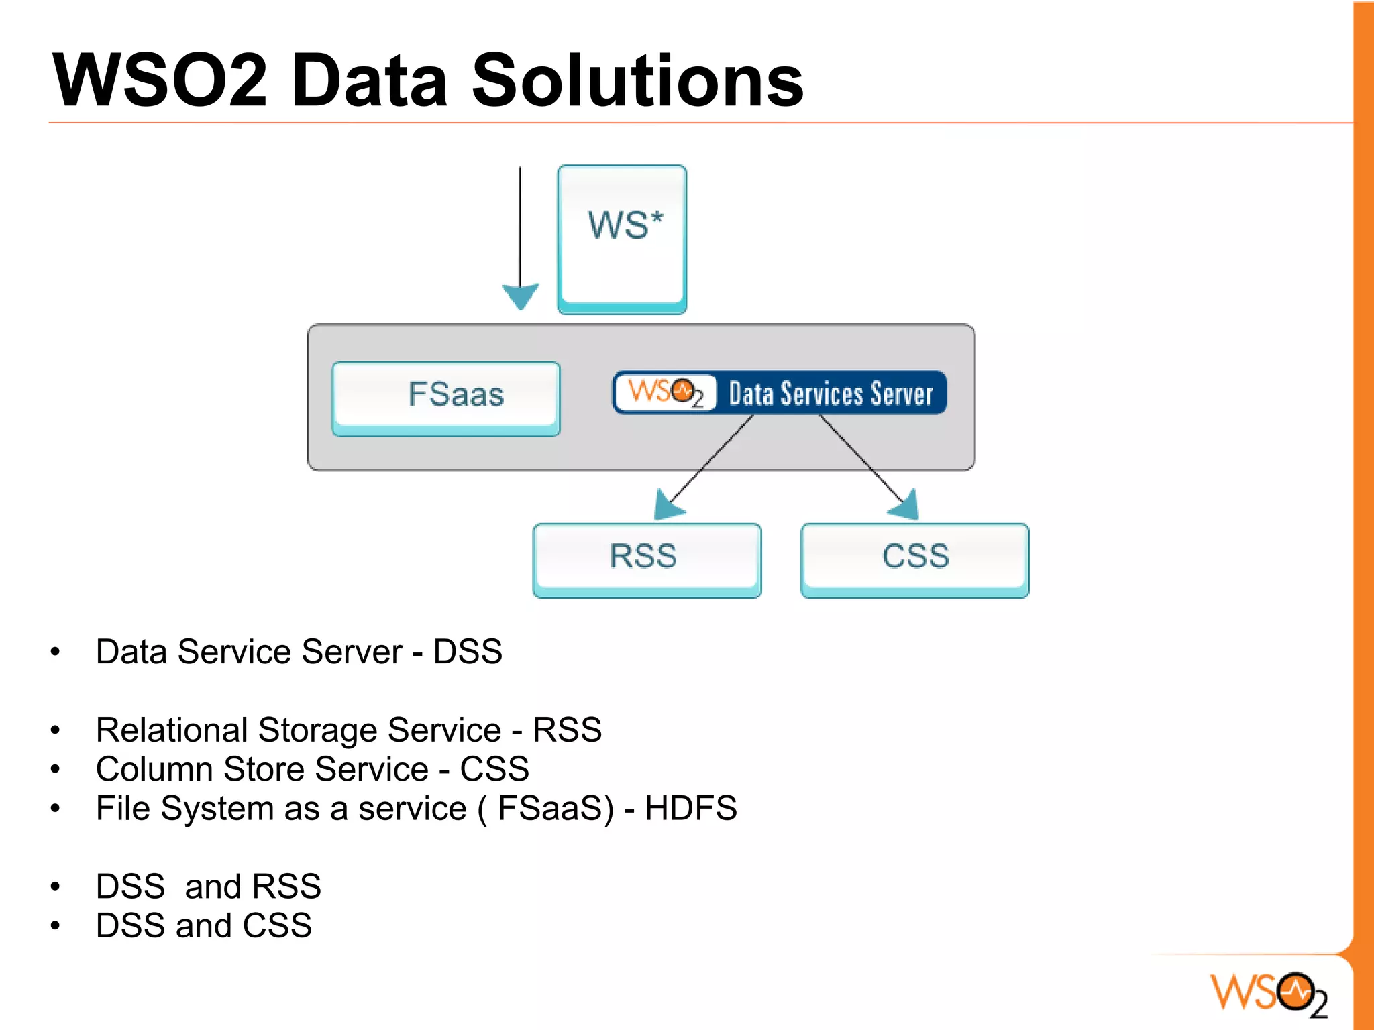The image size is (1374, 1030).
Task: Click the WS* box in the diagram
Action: click(x=622, y=239)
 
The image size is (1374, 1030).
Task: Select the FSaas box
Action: click(x=446, y=398)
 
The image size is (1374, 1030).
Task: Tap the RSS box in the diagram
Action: click(x=647, y=560)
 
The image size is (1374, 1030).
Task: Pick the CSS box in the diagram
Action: click(x=914, y=560)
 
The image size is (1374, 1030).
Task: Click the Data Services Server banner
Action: click(x=831, y=394)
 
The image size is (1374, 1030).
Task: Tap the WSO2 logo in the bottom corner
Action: click(x=1269, y=994)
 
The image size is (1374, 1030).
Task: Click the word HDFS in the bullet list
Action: click(x=690, y=808)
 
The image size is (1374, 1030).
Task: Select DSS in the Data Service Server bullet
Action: click(x=468, y=652)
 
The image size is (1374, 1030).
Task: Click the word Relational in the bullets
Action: click(x=172, y=730)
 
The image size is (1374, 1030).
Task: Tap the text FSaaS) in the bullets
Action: click(x=556, y=808)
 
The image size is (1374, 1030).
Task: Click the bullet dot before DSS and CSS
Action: click(x=56, y=926)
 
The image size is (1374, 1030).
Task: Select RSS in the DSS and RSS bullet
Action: click(x=286, y=886)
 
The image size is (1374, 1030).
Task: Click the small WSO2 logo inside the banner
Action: click(x=665, y=392)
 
